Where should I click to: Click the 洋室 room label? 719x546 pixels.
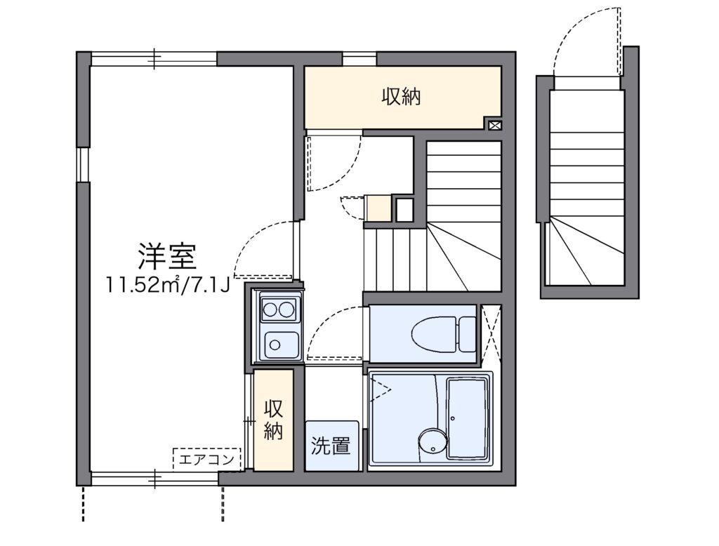point(167,256)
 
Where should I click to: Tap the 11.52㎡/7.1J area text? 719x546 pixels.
point(167,285)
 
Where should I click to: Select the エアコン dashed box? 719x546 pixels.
point(207,459)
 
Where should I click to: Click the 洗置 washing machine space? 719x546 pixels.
point(331,446)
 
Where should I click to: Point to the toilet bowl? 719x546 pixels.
point(434,335)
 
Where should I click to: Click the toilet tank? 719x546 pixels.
point(467,335)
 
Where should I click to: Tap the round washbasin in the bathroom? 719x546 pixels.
point(433,444)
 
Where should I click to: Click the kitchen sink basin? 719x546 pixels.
point(281,345)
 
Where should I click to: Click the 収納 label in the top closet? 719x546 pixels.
point(402,97)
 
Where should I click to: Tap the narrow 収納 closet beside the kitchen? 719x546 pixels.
point(273,420)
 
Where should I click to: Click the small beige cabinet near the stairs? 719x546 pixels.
point(378,208)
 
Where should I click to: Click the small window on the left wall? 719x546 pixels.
point(84,165)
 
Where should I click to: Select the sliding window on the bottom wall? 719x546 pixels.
point(154,479)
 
